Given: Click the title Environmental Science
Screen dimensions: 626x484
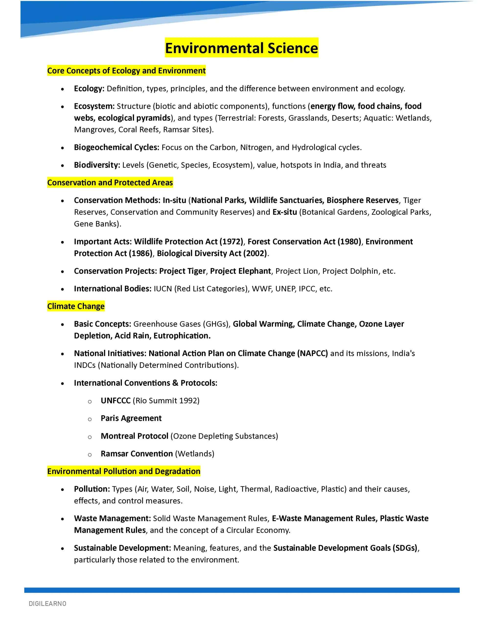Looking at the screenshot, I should pos(241,48).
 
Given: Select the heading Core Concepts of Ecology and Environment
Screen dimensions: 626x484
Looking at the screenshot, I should pos(126,71).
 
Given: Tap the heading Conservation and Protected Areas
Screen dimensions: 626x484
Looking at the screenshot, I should pos(110,183).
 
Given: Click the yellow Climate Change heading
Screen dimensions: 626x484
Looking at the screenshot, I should pos(76,306).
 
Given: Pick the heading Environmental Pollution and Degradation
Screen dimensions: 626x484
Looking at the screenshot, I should pos(124,471).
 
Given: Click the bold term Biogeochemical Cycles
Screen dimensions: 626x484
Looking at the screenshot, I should pos(116,147).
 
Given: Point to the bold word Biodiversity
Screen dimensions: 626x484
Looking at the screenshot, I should pos(97,165).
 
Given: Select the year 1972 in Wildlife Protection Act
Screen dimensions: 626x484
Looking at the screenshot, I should pos(231,242).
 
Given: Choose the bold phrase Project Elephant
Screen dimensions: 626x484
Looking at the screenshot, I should pos(241,271).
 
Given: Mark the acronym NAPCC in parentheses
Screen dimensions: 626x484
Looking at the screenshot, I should pos(313,353).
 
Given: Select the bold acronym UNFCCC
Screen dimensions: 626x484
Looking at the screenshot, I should pos(116,401).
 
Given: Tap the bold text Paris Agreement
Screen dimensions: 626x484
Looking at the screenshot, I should pos(131,418).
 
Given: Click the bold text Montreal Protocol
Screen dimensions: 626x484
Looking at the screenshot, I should pos(134,436).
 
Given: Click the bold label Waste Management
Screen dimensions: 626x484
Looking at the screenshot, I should pos(112,518).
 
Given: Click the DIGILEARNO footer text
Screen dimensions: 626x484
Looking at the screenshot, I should pos(48,604).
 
